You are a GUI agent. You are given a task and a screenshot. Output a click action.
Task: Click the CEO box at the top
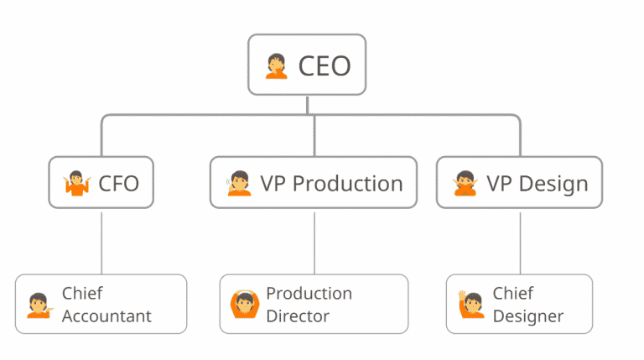[307, 65]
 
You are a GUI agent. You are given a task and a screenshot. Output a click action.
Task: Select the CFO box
[101, 182]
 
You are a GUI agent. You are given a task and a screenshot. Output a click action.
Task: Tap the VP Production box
[313, 182]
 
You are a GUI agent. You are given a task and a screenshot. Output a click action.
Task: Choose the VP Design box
[519, 182]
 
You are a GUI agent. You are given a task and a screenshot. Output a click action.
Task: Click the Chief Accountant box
[101, 304]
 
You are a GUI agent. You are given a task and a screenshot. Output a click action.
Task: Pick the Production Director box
[314, 304]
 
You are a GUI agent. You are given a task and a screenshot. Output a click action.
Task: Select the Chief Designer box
[519, 304]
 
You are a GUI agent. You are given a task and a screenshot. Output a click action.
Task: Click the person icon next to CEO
[276, 65]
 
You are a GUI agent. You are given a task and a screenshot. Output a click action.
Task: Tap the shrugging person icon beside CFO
[76, 183]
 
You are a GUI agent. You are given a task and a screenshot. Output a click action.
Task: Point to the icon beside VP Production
[239, 183]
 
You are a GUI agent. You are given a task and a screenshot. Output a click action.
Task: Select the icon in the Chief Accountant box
[39, 305]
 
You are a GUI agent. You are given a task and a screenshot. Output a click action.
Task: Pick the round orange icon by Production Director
[243, 305]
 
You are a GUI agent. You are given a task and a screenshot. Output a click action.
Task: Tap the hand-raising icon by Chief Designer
[470, 305]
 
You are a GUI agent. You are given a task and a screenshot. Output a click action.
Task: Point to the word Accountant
[106, 316]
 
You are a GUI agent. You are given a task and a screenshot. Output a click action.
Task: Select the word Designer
[527, 316]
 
